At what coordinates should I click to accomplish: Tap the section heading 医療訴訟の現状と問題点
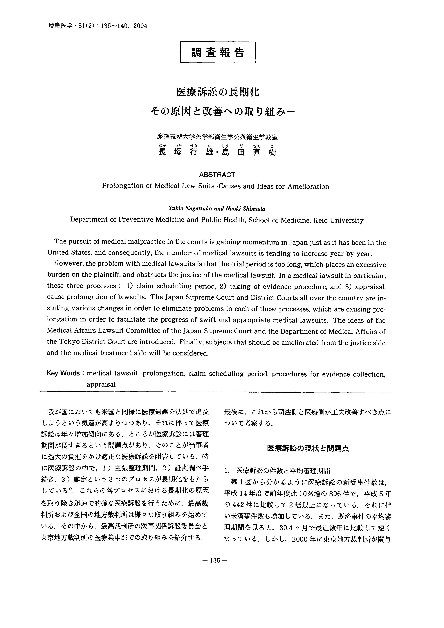click(308, 448)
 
